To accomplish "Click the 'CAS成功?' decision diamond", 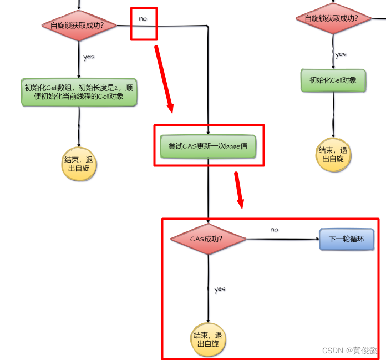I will pos(208,239).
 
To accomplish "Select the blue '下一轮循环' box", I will pos(347,240).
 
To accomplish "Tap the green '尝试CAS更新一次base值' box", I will pos(208,146).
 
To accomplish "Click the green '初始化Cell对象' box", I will pos(333,80).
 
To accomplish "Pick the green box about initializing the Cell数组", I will pos(79,92).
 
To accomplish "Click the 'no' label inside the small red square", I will pos(143,18).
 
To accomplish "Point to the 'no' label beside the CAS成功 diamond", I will pos(274,229).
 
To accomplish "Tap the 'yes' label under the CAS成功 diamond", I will pos(220,289).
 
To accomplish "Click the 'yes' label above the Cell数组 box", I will pos(89,57).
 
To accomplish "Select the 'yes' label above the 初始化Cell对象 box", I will pos(341,54).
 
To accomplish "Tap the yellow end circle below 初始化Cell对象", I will pos(333,154).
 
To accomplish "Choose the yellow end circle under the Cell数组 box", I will pos(79,164).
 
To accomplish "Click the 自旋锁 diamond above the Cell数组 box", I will pos(79,26).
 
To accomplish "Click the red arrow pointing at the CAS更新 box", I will pos(164,80).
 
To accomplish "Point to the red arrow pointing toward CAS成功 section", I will pos(239,190).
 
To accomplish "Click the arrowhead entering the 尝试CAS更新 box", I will pos(208,132).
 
